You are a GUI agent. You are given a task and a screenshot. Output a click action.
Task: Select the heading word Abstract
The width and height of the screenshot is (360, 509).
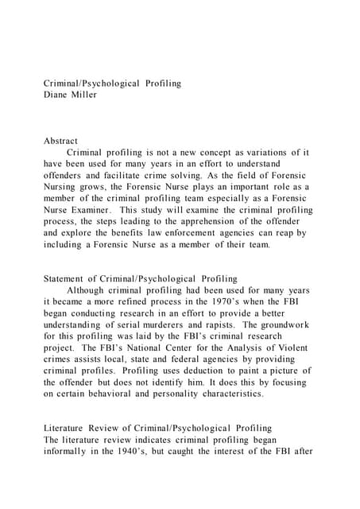(x=61, y=141)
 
